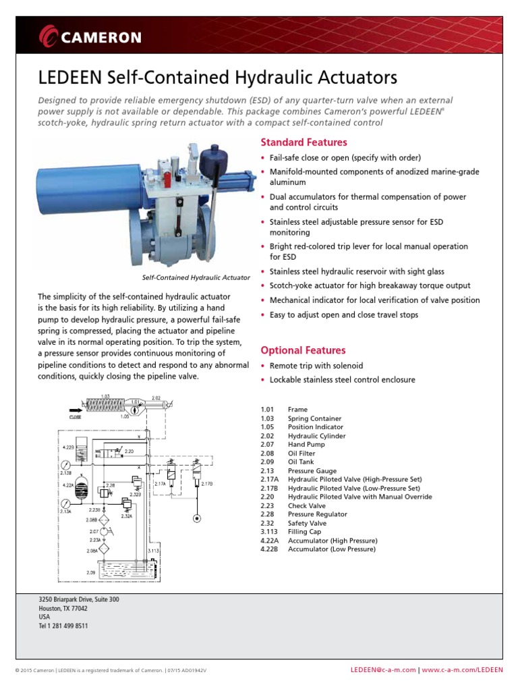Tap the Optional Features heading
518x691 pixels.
pyautogui.click(x=303, y=350)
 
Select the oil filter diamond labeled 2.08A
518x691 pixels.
pyautogui.click(x=103, y=550)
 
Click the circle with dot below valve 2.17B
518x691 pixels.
pyautogui.click(x=196, y=518)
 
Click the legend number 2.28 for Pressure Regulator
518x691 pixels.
pyautogui.click(x=268, y=514)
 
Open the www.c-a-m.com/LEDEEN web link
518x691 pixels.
pyautogui.click(x=463, y=670)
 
